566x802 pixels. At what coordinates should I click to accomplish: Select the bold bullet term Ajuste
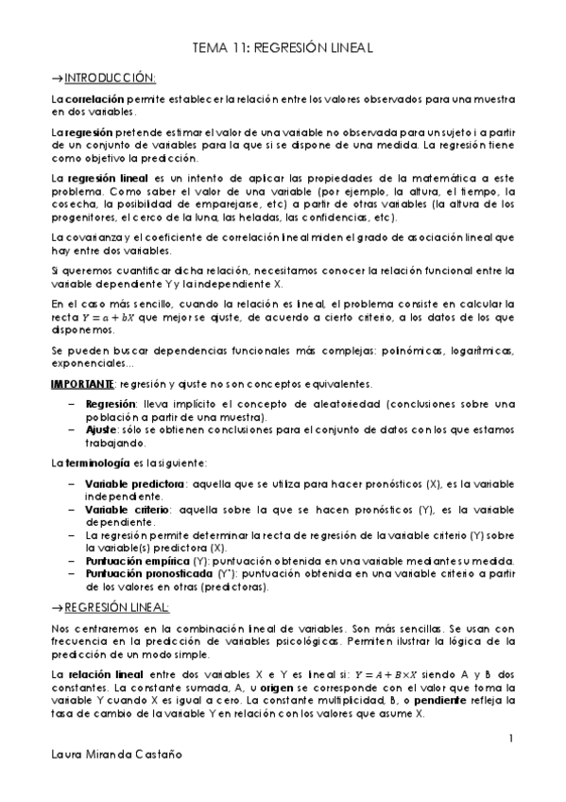pos(101,429)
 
